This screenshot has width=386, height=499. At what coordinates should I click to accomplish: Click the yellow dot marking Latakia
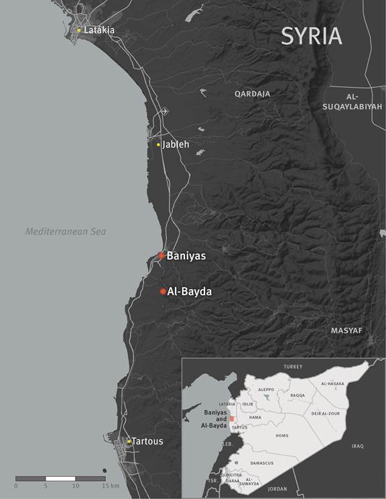point(79,30)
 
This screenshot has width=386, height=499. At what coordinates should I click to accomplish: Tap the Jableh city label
point(176,144)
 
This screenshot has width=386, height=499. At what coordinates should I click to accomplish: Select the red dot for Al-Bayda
point(163,291)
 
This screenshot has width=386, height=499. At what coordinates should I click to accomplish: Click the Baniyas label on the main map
point(186,256)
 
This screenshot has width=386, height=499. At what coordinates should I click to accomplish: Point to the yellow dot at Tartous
point(129,441)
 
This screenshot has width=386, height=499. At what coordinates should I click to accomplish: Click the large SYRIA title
point(311,36)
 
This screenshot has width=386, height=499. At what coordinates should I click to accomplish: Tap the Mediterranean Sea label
point(66,231)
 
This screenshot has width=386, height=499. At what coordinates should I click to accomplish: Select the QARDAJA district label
point(252,95)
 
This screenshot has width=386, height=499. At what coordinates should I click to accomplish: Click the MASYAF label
point(346,331)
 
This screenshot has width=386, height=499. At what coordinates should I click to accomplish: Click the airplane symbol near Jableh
point(165,112)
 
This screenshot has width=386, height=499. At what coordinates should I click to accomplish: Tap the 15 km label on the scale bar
point(110,485)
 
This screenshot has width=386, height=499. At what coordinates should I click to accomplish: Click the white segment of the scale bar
point(60,478)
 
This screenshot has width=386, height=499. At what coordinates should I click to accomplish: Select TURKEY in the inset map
point(294,367)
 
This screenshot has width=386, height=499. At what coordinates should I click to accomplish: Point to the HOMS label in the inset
point(281,436)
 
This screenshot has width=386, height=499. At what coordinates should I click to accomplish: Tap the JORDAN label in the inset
point(277,489)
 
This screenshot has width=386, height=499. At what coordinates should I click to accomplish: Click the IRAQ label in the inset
point(357,446)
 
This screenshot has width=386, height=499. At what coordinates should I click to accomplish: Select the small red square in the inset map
point(232,418)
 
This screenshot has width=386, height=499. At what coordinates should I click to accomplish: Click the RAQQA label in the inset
point(298,396)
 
